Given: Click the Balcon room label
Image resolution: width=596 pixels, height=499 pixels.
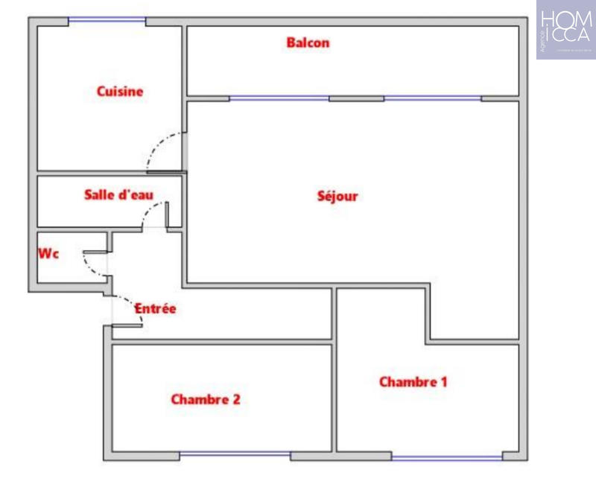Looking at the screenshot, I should pyautogui.click(x=308, y=43).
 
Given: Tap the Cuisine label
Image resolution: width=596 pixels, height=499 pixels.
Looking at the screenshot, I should pyautogui.click(x=120, y=92).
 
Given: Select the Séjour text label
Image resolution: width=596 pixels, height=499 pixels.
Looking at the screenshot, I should pyautogui.click(x=337, y=197).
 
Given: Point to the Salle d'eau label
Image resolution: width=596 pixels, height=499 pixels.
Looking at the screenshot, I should pyautogui.click(x=119, y=195).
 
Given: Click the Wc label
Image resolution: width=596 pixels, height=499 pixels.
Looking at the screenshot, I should pyautogui.click(x=48, y=254).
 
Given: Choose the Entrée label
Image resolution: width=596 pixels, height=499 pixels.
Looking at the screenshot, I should pyautogui.click(x=155, y=308).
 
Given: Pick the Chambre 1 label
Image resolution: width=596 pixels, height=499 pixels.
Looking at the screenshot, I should pyautogui.click(x=413, y=382).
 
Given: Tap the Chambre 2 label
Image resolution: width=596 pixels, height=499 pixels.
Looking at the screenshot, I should pyautogui.click(x=206, y=399).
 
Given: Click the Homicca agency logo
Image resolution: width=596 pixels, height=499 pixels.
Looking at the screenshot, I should pyautogui.click(x=565, y=30).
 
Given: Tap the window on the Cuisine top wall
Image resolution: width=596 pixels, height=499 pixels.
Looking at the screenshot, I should pyautogui.click(x=107, y=21).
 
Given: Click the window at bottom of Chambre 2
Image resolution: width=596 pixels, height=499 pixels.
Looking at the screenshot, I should pyautogui.click(x=235, y=454).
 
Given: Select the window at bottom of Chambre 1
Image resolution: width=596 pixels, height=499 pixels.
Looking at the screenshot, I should pyautogui.click(x=447, y=457).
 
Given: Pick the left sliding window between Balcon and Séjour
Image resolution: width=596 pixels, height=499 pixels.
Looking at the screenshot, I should pyautogui.click(x=279, y=98).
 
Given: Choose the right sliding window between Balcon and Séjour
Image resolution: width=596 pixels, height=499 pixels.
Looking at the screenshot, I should pyautogui.click(x=433, y=98).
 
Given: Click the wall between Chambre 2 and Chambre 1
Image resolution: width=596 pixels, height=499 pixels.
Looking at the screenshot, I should pyautogui.click(x=334, y=395).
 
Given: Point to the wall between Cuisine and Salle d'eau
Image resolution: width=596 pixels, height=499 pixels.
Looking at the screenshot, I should pyautogui.click(x=110, y=174).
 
